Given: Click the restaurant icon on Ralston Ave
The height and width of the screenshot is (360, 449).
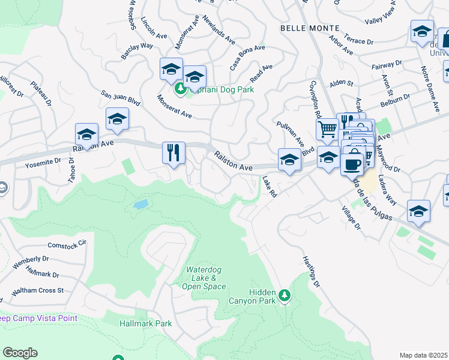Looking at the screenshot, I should tap(173, 152).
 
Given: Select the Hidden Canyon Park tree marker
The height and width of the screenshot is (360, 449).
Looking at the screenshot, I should tap(285, 295).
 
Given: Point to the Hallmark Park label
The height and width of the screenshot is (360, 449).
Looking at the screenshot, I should tap(146, 323).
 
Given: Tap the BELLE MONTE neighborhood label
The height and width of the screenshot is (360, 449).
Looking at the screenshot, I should tap(310, 28).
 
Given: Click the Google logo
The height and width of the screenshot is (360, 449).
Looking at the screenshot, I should tap(20, 353).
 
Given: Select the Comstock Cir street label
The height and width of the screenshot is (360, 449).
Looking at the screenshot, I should tap(67, 245).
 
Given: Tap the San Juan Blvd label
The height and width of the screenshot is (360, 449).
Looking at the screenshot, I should tap(120, 98).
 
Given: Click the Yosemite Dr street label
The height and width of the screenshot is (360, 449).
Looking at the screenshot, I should tap(43, 161).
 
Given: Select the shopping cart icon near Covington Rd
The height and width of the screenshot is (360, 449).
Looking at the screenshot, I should tap(327, 128).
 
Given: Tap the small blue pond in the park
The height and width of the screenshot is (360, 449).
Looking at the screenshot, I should tap(140, 205).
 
